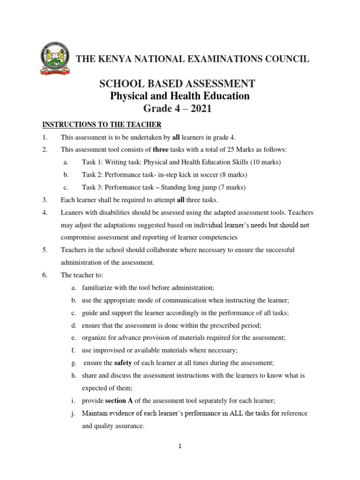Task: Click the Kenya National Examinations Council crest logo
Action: tap(55, 59)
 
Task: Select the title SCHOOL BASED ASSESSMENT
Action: tap(177, 84)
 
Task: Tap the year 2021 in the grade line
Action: tap(200, 109)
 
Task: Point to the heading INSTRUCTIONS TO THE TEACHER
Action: tap(102, 125)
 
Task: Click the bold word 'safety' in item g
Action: tap(123, 363)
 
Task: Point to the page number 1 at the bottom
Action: tap(180, 446)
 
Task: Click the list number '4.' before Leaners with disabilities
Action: tap(45, 212)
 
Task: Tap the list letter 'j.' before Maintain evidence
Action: tap(74, 413)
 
